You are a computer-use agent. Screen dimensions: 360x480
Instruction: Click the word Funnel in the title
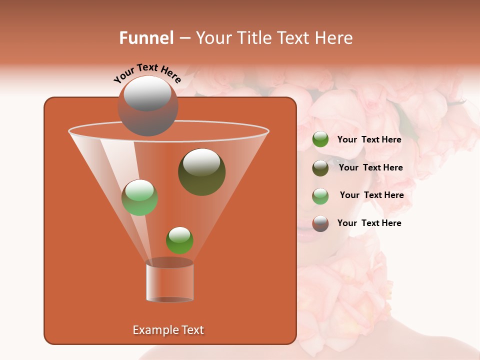146,38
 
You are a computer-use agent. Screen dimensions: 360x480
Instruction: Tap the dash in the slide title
184,38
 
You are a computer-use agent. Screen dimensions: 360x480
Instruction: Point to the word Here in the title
332,38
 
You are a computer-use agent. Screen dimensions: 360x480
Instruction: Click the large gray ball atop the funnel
147,106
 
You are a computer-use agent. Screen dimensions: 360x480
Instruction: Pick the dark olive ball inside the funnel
201,172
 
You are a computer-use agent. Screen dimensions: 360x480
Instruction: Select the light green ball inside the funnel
140,197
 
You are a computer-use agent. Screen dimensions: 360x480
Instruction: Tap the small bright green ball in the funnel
179,240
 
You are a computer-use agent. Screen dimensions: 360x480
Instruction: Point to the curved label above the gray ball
147,72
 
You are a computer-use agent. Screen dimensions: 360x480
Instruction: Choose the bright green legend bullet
320,139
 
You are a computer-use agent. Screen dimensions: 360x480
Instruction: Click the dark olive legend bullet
320,167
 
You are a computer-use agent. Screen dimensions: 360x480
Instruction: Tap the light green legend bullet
320,195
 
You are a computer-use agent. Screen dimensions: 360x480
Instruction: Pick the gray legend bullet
320,223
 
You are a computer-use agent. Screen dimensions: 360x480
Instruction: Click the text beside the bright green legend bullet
369,139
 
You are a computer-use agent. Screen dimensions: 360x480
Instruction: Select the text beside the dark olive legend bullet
370,167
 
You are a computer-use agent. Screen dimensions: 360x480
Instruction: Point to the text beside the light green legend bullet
371,195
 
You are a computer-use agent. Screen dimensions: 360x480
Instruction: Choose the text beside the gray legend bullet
369,223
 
